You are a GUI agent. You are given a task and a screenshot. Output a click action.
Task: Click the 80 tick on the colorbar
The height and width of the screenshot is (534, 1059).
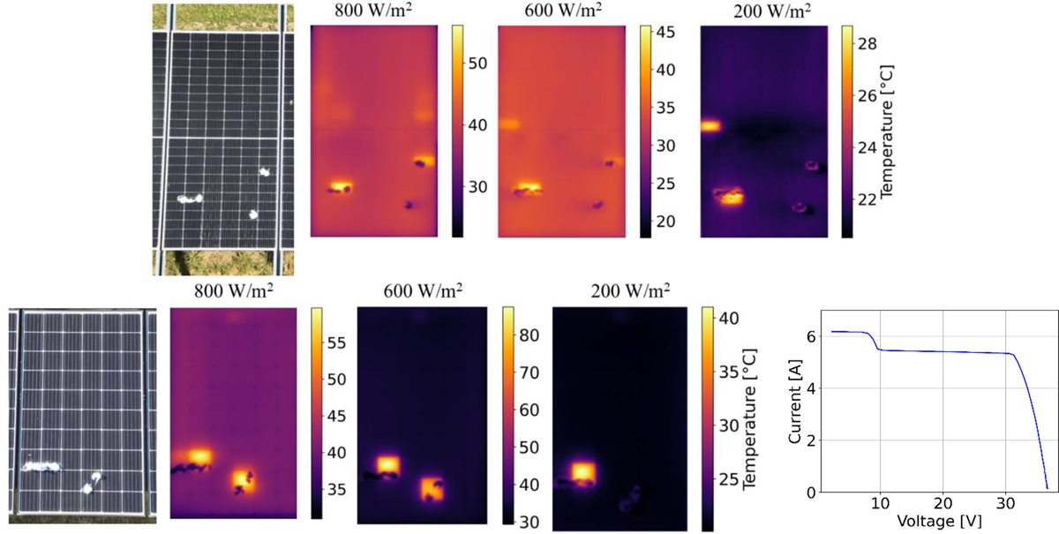[x=532, y=335]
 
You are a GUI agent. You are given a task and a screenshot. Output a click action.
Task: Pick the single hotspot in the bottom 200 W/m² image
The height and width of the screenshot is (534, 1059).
[x=582, y=470]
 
